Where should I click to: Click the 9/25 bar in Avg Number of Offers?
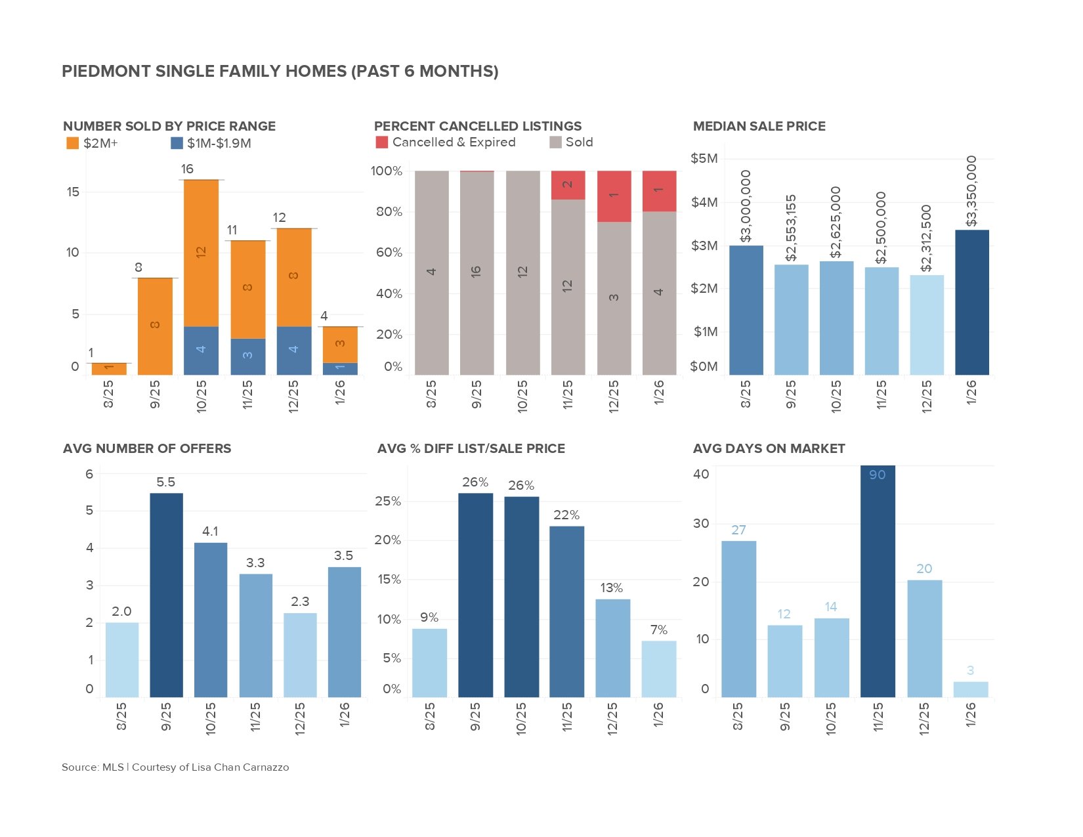click(x=166, y=594)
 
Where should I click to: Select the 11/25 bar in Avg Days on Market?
click(x=878, y=581)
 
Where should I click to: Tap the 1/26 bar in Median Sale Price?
click(x=972, y=302)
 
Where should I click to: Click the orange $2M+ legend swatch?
click(x=72, y=143)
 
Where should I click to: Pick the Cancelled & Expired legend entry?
click(x=446, y=142)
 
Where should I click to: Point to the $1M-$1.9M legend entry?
click(x=211, y=143)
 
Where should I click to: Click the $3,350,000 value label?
click(x=972, y=190)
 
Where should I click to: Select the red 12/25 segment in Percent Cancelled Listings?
click(x=614, y=196)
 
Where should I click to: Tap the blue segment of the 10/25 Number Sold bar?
click(x=201, y=350)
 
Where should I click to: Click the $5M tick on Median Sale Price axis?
click(x=704, y=158)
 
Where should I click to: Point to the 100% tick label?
click(x=386, y=171)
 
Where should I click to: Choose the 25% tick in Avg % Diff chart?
click(x=387, y=502)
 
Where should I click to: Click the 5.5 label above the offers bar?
click(x=165, y=483)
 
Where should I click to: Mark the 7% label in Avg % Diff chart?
click(x=658, y=630)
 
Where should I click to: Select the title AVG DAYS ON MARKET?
click(x=769, y=448)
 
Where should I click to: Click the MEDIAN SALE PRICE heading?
click(x=759, y=126)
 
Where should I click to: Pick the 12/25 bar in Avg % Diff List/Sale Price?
click(x=612, y=647)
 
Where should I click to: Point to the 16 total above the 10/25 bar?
click(x=187, y=169)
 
